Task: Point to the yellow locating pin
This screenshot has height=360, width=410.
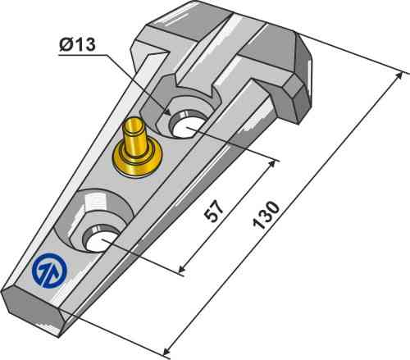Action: tap(134, 144)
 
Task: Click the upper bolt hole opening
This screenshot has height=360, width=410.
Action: tap(188, 125)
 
